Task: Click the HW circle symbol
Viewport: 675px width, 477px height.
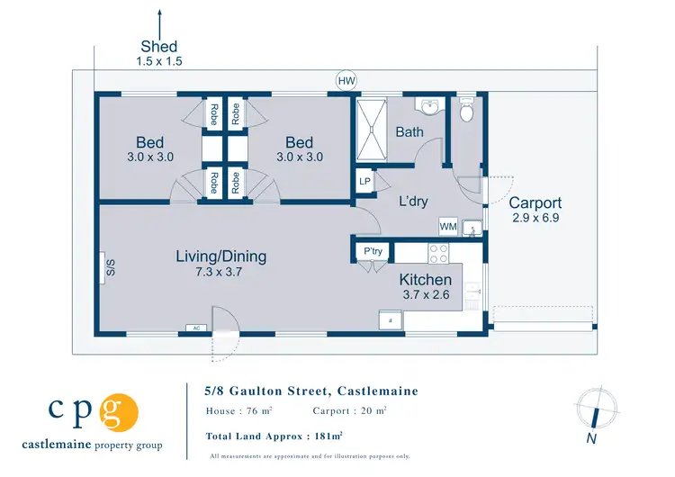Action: tap(346, 81)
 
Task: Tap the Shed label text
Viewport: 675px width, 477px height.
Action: tap(159, 47)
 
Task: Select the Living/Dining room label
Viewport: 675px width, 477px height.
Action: tap(220, 256)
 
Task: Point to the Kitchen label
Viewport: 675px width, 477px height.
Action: tap(425, 280)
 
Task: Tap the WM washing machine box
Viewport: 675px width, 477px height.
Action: tap(447, 226)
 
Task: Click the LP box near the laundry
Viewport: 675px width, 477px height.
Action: tap(365, 181)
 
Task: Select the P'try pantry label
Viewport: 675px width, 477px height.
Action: tap(373, 251)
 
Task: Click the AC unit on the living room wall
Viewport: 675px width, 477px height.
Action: tap(196, 328)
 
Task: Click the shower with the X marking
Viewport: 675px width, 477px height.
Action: tap(371, 130)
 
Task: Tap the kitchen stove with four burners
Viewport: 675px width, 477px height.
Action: tap(438, 253)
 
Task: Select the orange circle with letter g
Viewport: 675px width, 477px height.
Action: tap(120, 412)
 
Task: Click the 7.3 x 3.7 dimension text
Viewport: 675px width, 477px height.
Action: tap(220, 273)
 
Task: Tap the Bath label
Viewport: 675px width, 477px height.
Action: tap(409, 132)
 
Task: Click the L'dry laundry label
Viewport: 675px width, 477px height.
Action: tap(413, 202)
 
